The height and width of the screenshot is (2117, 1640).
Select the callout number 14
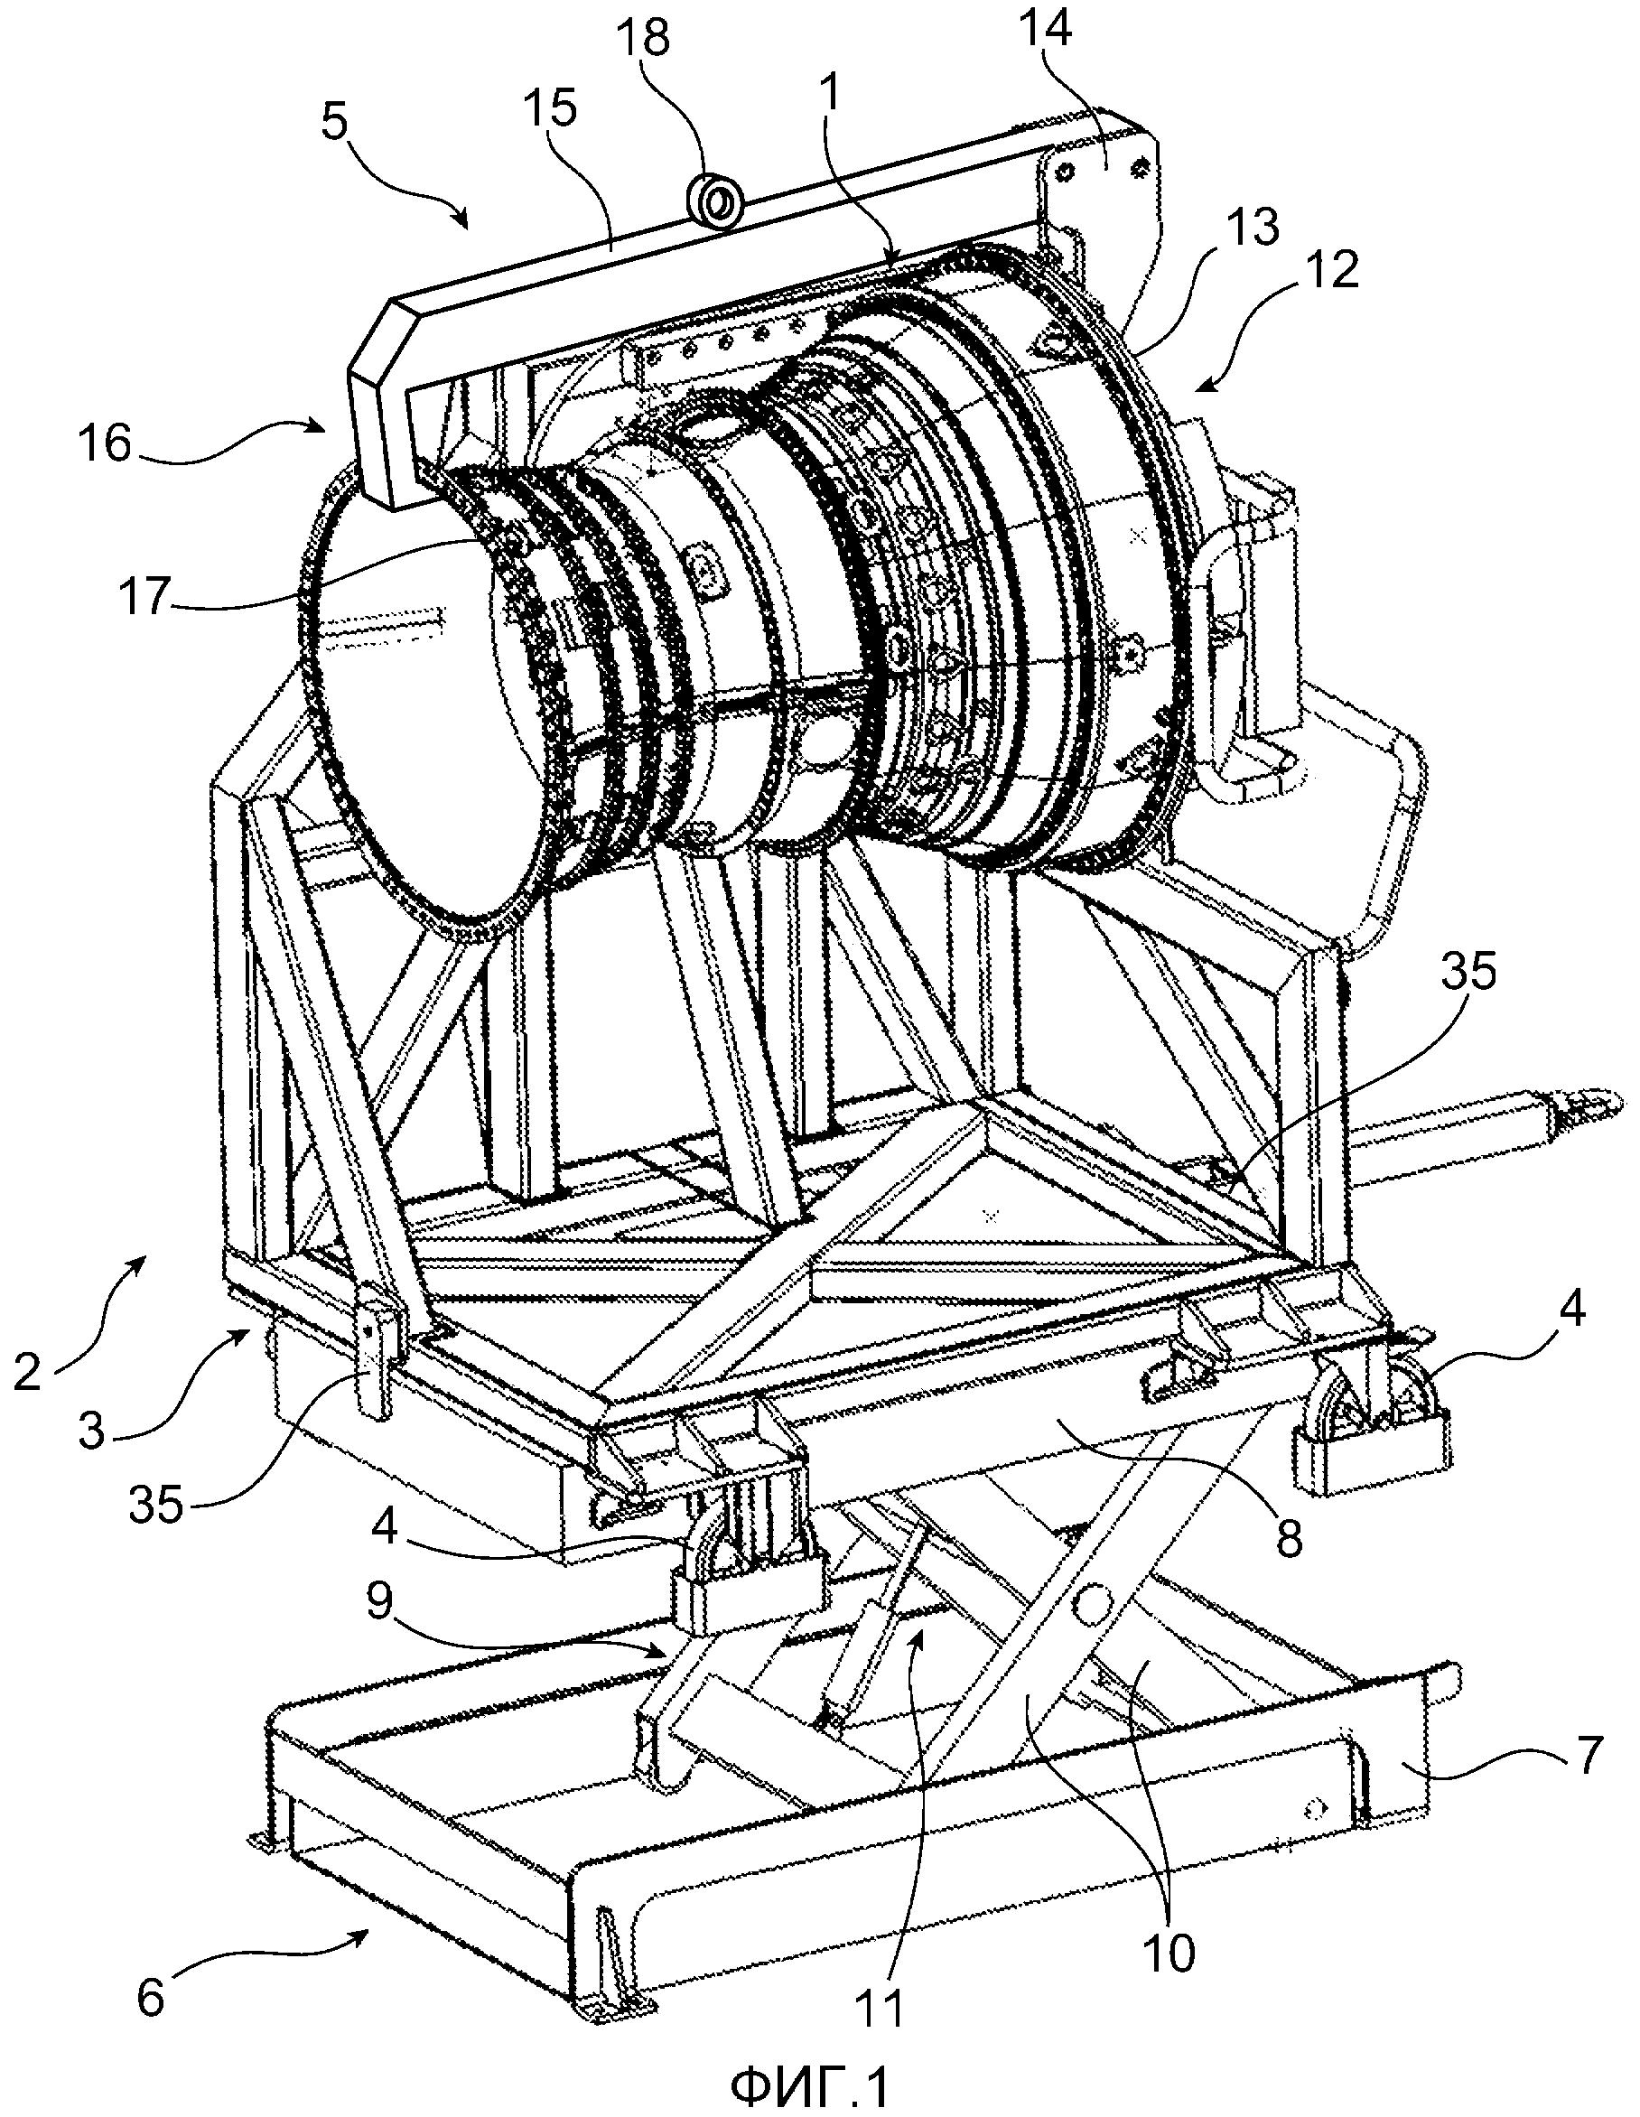1047,28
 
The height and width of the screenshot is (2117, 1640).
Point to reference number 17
144,595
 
